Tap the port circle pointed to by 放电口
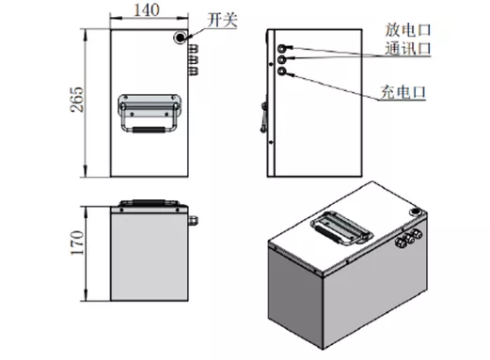click(x=281, y=46)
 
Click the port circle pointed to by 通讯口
click(x=281, y=58)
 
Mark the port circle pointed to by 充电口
click(x=281, y=70)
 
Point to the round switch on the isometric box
click(x=413, y=225)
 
